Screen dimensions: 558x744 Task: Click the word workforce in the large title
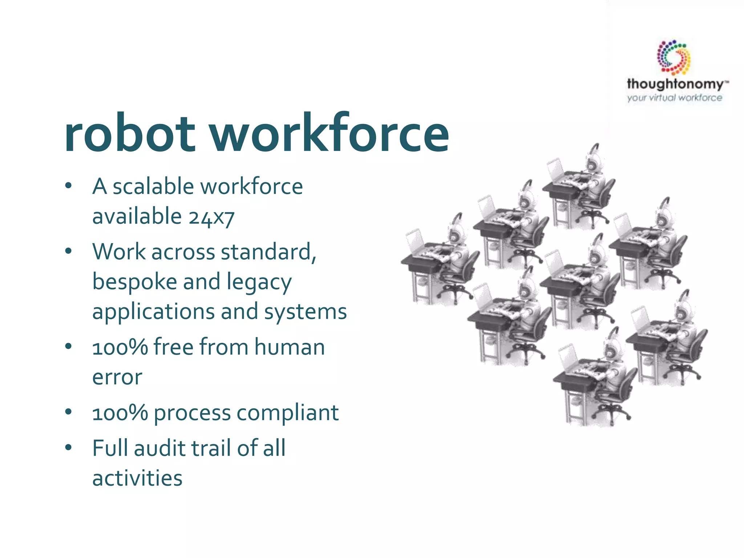coord(329,134)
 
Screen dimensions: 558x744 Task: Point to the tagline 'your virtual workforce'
coord(674,98)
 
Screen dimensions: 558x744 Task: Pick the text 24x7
coord(211,217)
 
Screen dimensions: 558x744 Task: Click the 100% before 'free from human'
coord(120,347)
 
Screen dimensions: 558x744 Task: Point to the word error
coord(117,377)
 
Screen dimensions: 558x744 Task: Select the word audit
coord(159,448)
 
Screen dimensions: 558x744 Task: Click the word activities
coord(137,478)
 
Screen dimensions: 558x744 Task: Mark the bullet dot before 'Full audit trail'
coord(68,447)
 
